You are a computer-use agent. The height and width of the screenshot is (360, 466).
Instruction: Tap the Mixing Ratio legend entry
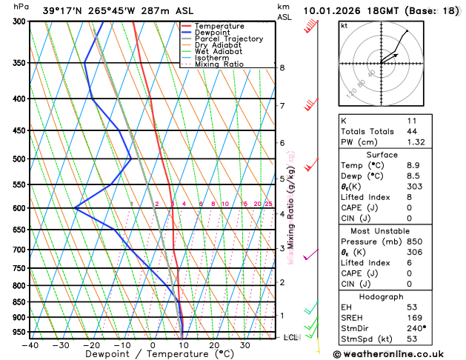tap(219, 64)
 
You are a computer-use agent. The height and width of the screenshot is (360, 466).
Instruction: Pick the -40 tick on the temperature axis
tap(30, 345)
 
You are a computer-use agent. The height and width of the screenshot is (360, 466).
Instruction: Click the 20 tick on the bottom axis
tap(213, 345)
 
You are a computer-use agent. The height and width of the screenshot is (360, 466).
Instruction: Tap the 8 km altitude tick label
tap(282, 68)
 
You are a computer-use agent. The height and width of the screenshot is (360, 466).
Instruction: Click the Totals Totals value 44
tap(411, 131)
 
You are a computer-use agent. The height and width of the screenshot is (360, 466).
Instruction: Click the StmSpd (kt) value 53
tap(411, 340)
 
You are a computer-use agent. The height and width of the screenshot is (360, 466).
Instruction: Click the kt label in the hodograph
tap(344, 25)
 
